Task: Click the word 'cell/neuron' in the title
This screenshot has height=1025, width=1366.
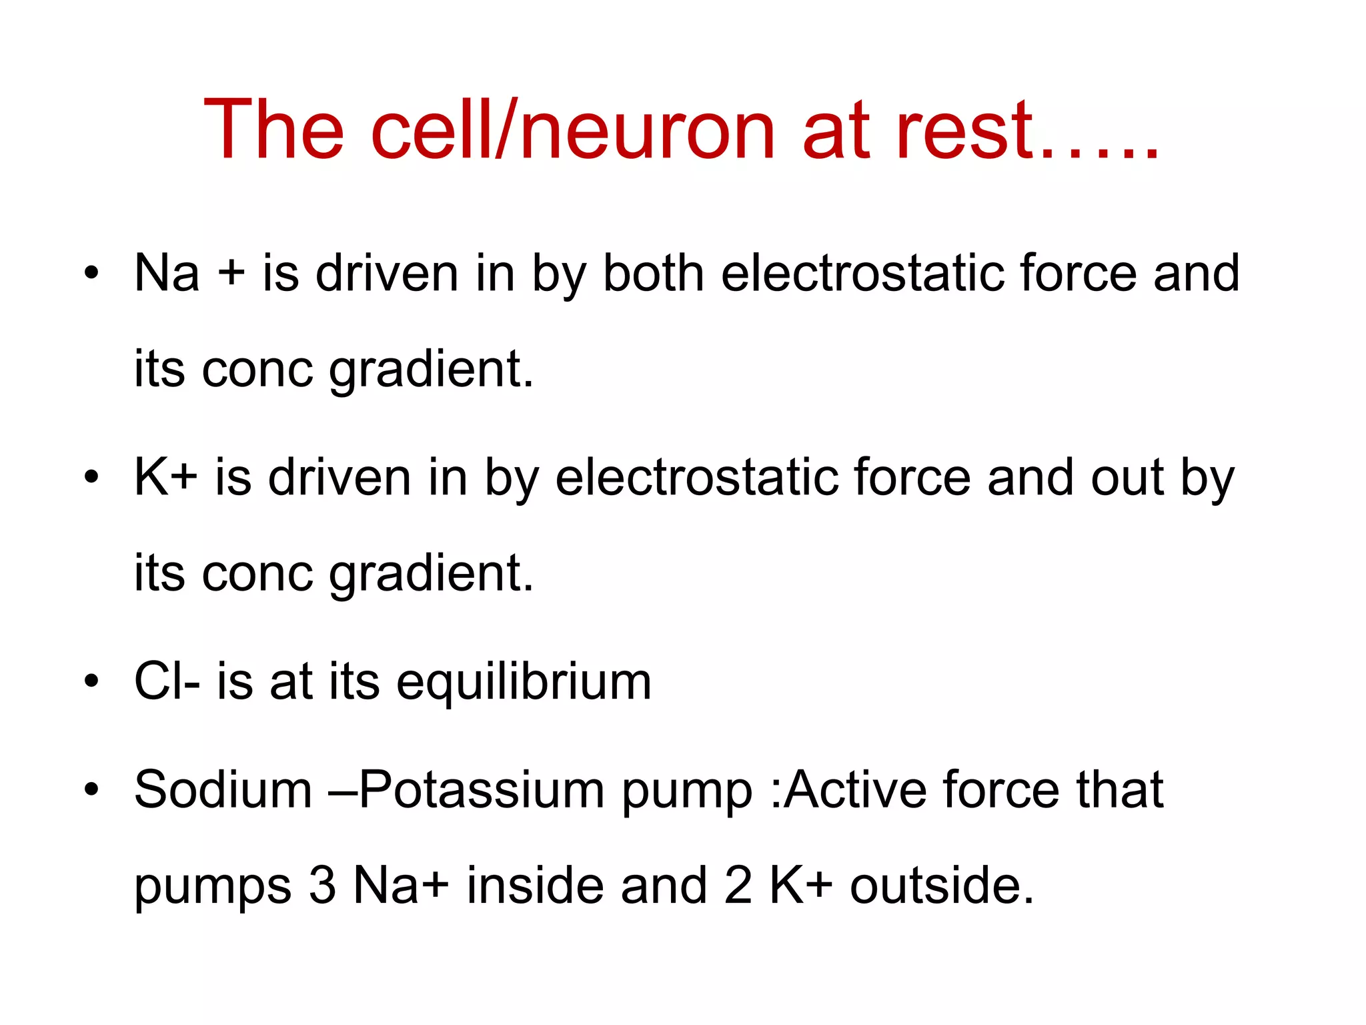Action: click(x=572, y=129)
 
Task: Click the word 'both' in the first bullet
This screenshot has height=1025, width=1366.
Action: click(x=653, y=274)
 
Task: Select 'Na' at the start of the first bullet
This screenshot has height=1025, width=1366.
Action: click(x=167, y=274)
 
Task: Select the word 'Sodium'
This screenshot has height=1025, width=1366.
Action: click(x=223, y=790)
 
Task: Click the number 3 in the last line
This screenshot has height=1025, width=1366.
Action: click(x=322, y=886)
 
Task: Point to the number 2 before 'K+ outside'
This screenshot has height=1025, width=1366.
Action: click(x=738, y=886)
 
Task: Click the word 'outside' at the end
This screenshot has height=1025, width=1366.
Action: click(x=941, y=886)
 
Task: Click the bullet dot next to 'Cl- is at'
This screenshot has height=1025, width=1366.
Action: click(x=91, y=682)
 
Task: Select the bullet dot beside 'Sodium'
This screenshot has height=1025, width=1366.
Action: click(x=91, y=790)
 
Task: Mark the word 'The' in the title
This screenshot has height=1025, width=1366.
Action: click(x=273, y=129)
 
